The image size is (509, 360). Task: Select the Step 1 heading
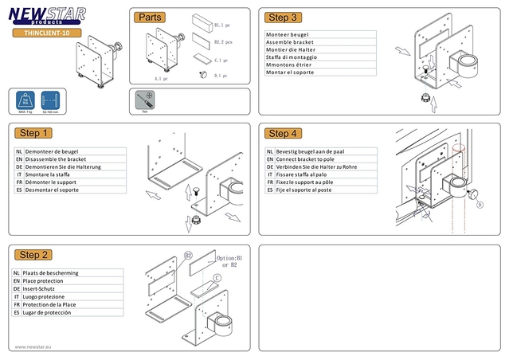click(36, 133)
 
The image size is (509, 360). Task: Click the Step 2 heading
click(36, 255)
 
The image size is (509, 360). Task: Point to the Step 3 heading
click(284, 18)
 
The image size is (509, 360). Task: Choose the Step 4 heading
click(284, 133)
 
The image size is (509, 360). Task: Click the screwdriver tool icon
click(145, 100)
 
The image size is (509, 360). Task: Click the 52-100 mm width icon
click(51, 101)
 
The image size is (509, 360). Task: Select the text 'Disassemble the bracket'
click(56, 158)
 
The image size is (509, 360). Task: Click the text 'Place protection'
click(49, 281)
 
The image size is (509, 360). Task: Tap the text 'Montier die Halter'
click(292, 49)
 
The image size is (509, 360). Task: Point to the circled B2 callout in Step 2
click(189, 256)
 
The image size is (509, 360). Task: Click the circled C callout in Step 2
click(217, 276)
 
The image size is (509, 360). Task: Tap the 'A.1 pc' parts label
click(162, 79)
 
